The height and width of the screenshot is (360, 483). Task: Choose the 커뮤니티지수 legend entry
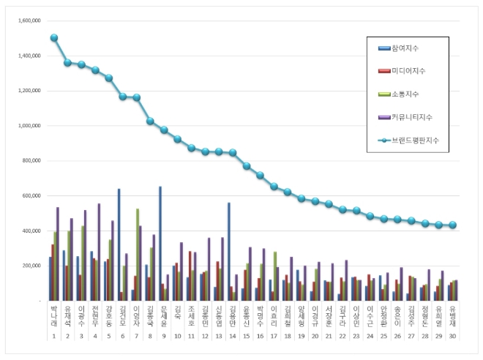414,116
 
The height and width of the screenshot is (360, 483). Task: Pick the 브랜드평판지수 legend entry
416,139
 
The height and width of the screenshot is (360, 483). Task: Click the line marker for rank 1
54,37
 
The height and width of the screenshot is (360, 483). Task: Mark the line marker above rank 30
453,225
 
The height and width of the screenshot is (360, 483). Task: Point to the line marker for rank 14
233,153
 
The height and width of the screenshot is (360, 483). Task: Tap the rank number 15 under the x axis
247,337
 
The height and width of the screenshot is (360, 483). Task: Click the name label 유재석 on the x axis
67,316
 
